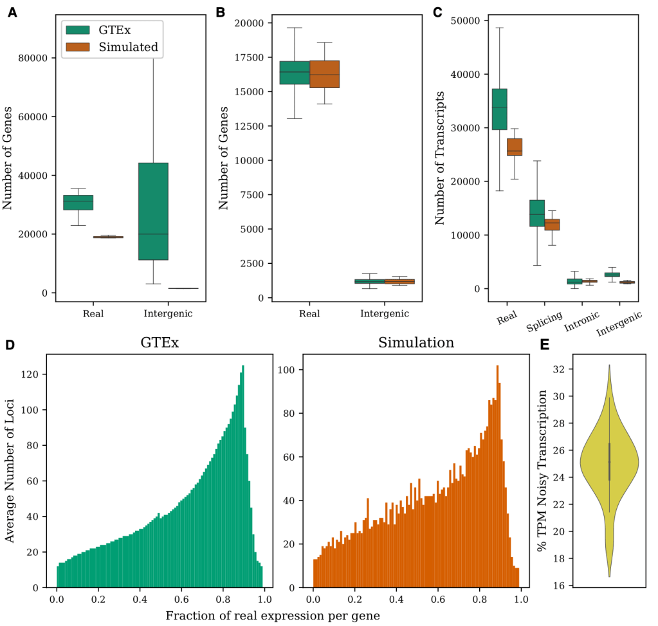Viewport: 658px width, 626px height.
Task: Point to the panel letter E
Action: [x=545, y=345]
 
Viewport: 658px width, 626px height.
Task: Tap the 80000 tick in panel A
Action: [x=35, y=58]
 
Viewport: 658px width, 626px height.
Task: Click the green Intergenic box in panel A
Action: [x=153, y=211]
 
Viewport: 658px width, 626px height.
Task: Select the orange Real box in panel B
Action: [x=324, y=74]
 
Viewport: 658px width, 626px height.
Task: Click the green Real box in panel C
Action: [x=499, y=109]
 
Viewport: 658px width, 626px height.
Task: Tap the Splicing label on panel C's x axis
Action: [x=545, y=320]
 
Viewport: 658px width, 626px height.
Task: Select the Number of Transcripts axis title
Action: [x=440, y=158]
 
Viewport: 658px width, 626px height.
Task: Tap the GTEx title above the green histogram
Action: [x=160, y=343]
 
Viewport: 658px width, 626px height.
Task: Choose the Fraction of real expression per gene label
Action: [x=273, y=616]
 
